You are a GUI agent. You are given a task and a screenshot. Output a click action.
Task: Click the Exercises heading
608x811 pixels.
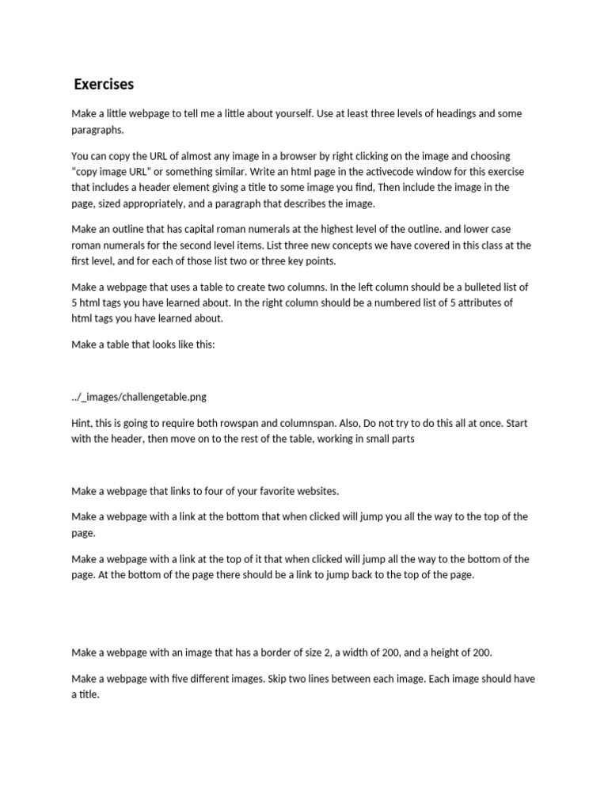pyautogui.click(x=104, y=84)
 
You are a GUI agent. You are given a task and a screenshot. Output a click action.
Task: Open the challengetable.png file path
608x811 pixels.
pyautogui.click(x=139, y=396)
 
